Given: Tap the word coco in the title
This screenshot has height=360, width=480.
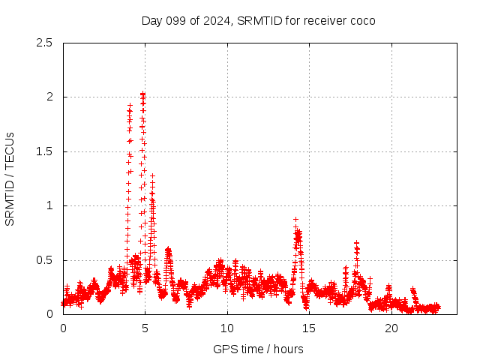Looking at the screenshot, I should pyautogui.click(x=362, y=20).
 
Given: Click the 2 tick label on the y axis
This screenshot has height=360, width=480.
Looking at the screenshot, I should pyautogui.click(x=50, y=97).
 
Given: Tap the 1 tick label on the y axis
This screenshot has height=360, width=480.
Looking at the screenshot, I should pyautogui.click(x=50, y=205).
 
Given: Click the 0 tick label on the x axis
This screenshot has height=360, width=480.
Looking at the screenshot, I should pyautogui.click(x=63, y=328).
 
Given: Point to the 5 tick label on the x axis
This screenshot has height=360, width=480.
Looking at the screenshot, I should pyautogui.click(x=145, y=328).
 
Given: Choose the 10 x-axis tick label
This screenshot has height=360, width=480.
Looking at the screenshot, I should pyautogui.click(x=227, y=328).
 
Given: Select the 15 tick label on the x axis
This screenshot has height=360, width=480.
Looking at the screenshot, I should pyautogui.click(x=309, y=328).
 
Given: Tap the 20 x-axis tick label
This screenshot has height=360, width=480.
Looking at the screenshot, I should pyautogui.click(x=391, y=328).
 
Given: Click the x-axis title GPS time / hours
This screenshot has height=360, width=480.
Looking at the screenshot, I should pyautogui.click(x=259, y=349).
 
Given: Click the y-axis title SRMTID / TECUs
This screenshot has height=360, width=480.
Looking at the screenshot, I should pyautogui.click(x=10, y=178).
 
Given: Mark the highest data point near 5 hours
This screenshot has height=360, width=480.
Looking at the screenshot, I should pyautogui.click(x=142, y=94).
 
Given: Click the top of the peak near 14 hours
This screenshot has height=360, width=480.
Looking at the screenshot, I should pyautogui.click(x=295, y=219).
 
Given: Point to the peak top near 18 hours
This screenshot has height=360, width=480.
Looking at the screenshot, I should pyautogui.click(x=356, y=243).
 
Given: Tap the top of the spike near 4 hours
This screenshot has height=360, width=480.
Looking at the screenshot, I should pyautogui.click(x=130, y=106).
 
